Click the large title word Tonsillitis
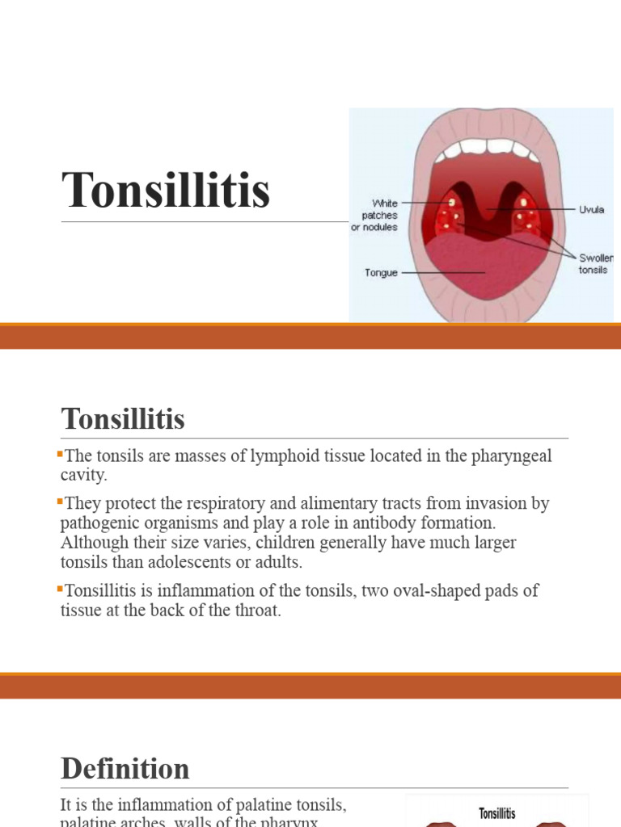click(x=166, y=191)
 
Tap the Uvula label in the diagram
click(x=591, y=209)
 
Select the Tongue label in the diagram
click(x=380, y=273)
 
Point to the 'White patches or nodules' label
click(x=374, y=215)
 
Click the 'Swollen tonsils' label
click(x=595, y=263)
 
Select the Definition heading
click(x=125, y=768)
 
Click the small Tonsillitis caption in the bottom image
click(x=497, y=812)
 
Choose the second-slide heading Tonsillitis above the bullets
click(x=123, y=419)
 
